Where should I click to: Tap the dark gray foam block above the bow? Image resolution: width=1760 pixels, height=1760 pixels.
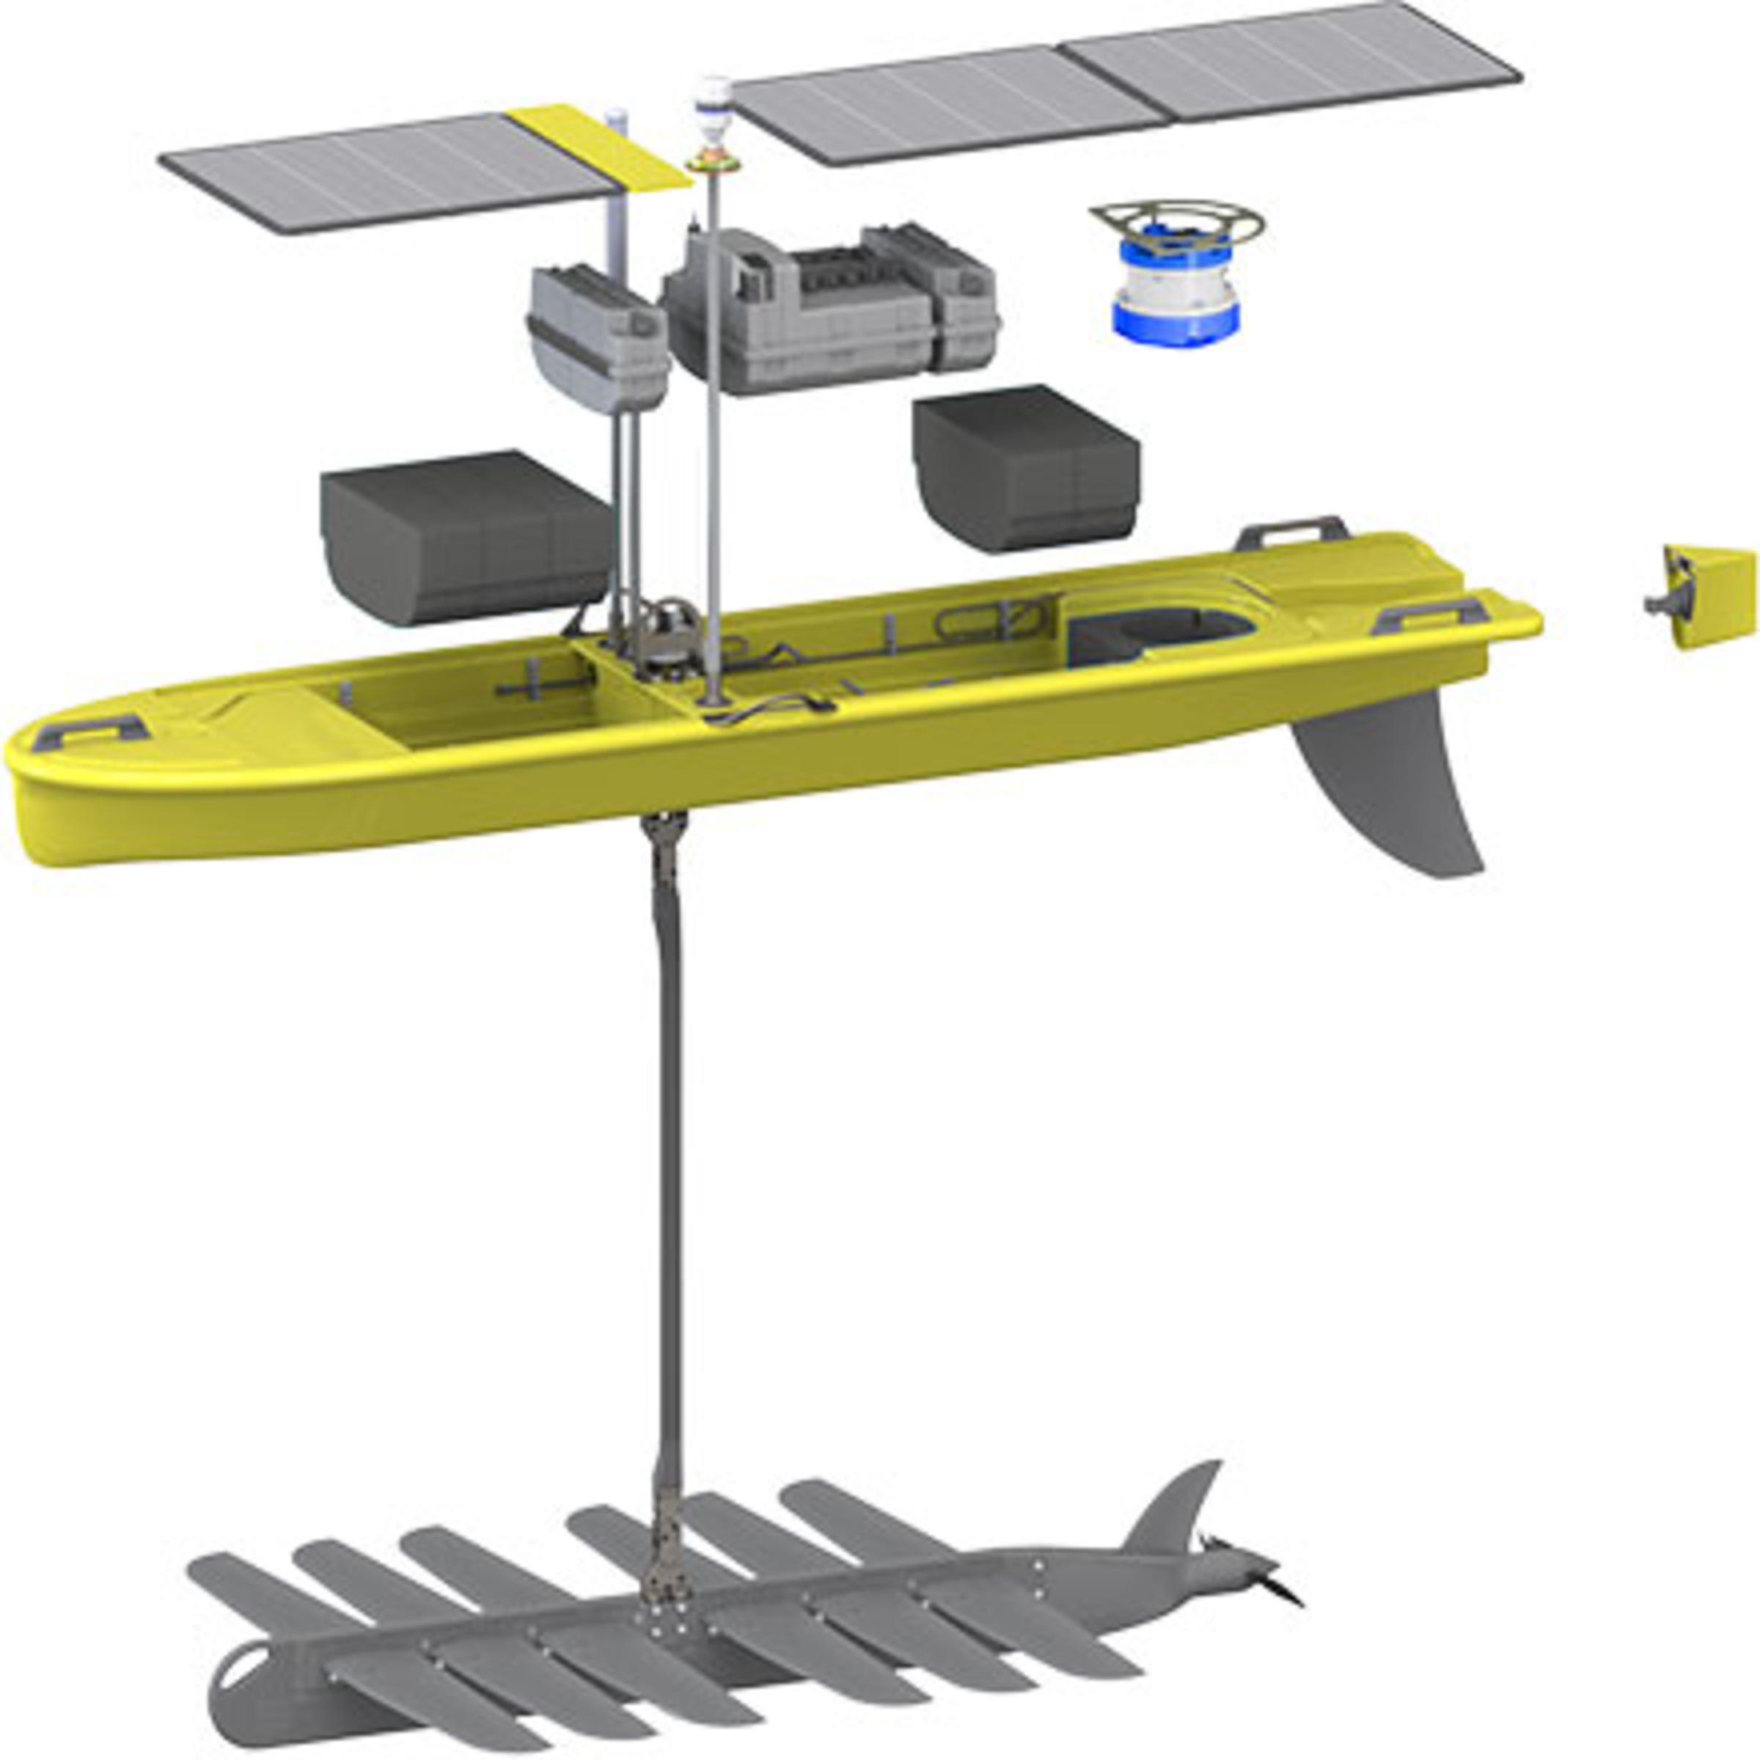465,538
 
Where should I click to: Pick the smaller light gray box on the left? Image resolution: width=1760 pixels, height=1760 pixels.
597,337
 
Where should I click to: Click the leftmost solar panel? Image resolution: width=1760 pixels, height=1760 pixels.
383,173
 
